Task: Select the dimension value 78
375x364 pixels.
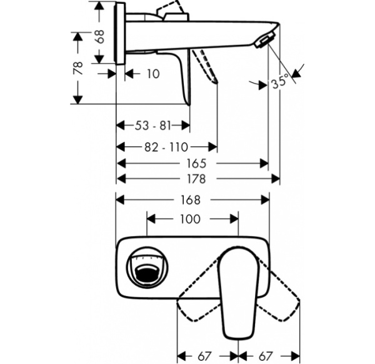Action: pyautogui.click(x=78, y=69)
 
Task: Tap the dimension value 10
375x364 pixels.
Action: pyautogui.click(x=152, y=74)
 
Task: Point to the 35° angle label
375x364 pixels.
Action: pyautogui.click(x=281, y=82)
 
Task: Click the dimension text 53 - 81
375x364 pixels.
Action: pyautogui.click(x=152, y=125)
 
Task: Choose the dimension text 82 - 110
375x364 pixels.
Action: pyautogui.click(x=166, y=147)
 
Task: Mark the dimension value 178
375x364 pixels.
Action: pyautogui.click(x=197, y=179)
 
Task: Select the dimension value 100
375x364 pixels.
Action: pyautogui.click(x=190, y=219)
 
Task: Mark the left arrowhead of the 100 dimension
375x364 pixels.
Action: pyautogui.click(x=150, y=219)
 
